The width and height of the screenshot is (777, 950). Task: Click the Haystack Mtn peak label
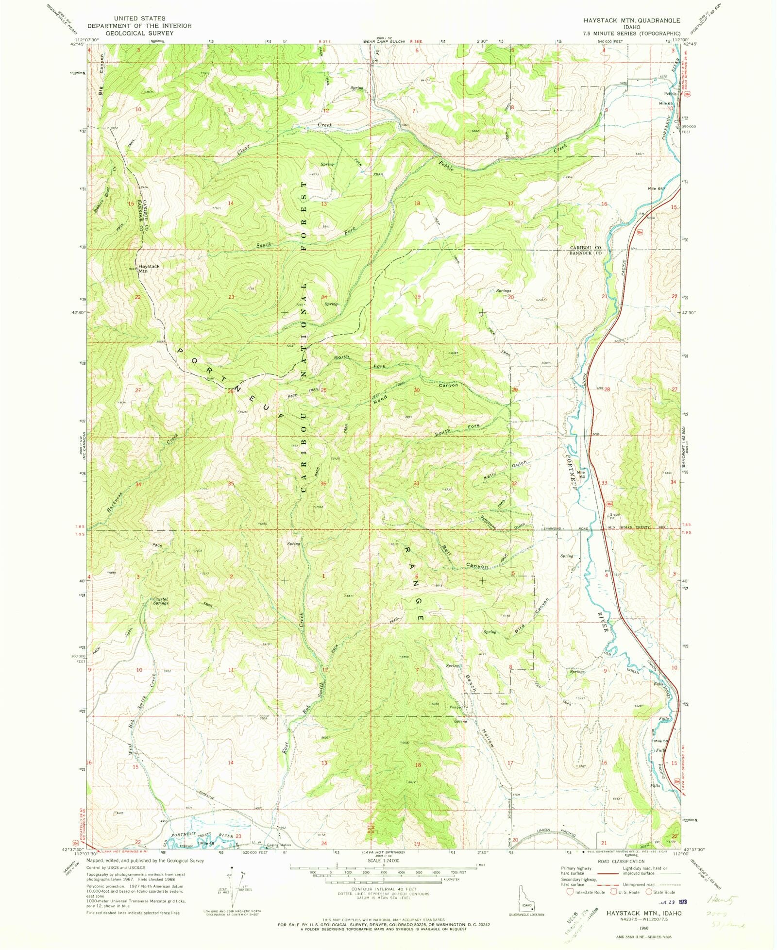[x=148, y=269]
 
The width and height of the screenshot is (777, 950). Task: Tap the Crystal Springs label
[x=160, y=601]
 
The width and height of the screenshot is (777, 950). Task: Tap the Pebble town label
[x=670, y=94]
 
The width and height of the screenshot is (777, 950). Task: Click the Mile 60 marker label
[x=581, y=474]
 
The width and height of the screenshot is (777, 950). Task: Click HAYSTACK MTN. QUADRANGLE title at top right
[x=631, y=20]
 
